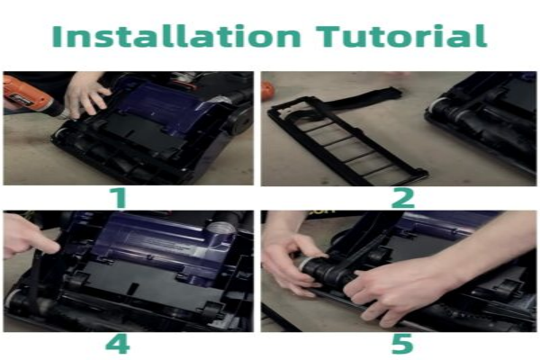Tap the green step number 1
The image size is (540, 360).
tap(119, 197)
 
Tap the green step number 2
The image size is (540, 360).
tap(403, 197)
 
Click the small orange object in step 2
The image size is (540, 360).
tap(267, 90)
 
